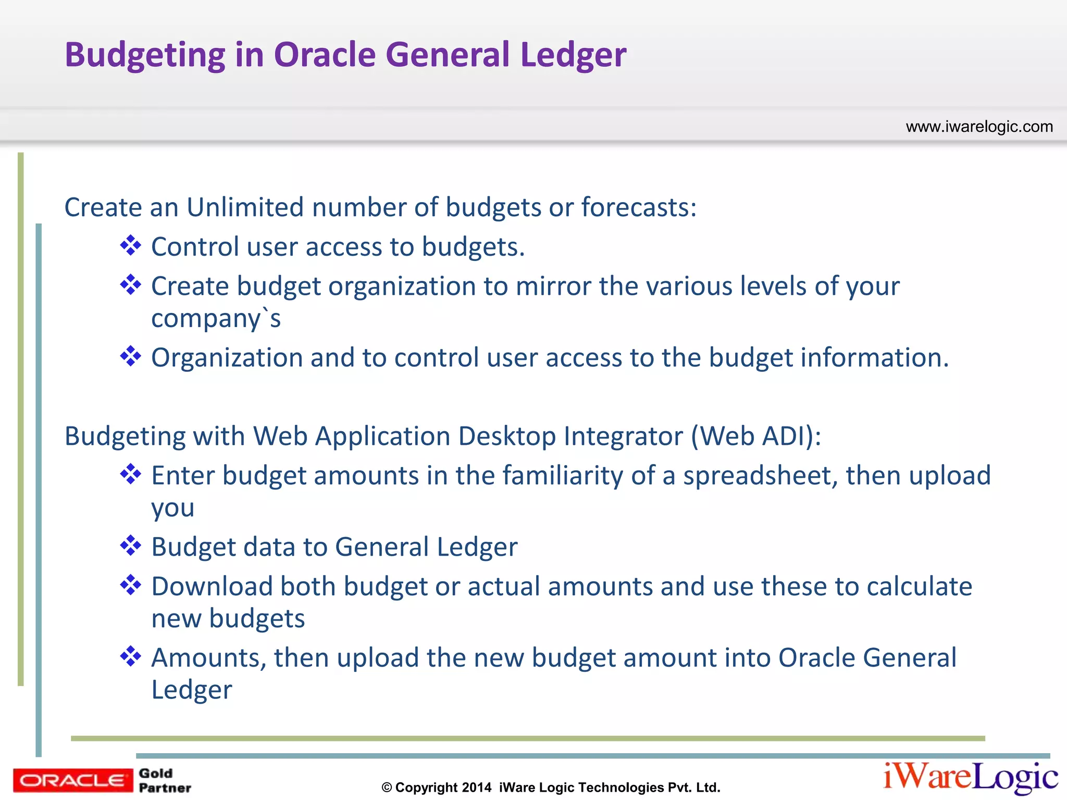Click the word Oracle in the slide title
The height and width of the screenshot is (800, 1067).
click(x=325, y=55)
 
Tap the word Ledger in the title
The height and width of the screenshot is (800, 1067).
click(x=573, y=55)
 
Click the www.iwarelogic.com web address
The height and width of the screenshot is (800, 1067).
click(x=979, y=127)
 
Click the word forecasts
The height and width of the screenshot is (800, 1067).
click(x=638, y=207)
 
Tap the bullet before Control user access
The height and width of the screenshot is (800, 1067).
click(x=130, y=245)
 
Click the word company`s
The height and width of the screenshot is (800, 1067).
click(x=216, y=319)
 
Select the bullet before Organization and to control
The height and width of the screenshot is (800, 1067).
click(x=130, y=357)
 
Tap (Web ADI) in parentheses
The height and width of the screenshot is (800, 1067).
click(x=756, y=436)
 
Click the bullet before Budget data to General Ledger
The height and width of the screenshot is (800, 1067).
click(x=130, y=546)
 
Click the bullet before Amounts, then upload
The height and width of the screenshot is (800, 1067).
click(x=130, y=657)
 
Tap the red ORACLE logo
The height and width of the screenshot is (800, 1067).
click(x=73, y=780)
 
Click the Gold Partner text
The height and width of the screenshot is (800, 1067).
click(x=164, y=780)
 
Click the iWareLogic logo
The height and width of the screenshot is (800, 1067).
click(x=970, y=777)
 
